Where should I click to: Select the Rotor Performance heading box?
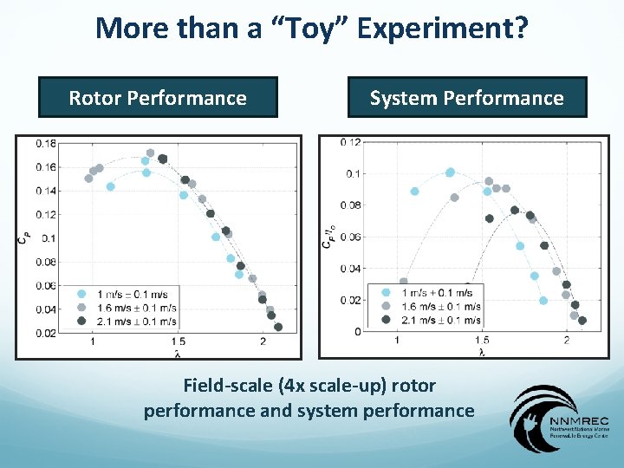tap(158, 98)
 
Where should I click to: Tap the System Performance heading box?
tap(466, 98)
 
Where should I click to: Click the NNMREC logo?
tap(559, 420)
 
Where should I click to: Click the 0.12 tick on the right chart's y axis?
tap(350, 142)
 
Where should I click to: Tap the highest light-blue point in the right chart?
tap(450, 172)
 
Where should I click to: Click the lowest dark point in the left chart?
tap(278, 327)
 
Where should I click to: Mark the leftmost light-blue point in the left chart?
tap(110, 186)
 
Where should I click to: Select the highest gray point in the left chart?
tap(150, 153)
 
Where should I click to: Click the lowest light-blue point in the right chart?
tap(543, 301)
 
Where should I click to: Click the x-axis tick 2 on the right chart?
tap(566, 341)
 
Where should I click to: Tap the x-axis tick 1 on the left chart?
tap(93, 342)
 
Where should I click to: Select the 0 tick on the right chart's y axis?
tap(357, 331)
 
